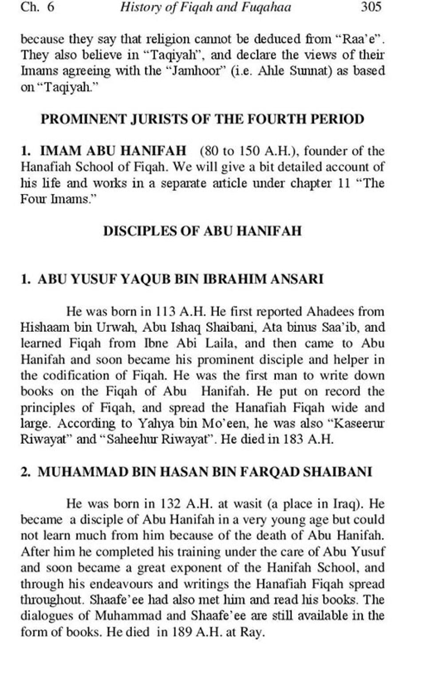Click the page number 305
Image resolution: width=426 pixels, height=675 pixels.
pyautogui.click(x=371, y=8)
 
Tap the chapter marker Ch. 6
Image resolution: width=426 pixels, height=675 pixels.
pyautogui.click(x=38, y=8)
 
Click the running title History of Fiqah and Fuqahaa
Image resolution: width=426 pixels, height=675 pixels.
pyautogui.click(x=206, y=8)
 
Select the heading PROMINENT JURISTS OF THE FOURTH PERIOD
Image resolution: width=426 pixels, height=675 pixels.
pyautogui.click(x=202, y=119)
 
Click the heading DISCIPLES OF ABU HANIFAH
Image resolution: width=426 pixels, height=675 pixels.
pyautogui.click(x=202, y=231)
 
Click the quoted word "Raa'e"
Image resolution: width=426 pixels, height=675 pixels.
pyautogui.click(x=360, y=39)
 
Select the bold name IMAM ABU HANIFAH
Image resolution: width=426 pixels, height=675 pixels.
pyautogui.click(x=113, y=151)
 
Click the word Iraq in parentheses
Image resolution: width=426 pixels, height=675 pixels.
pyautogui.click(x=344, y=504)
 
